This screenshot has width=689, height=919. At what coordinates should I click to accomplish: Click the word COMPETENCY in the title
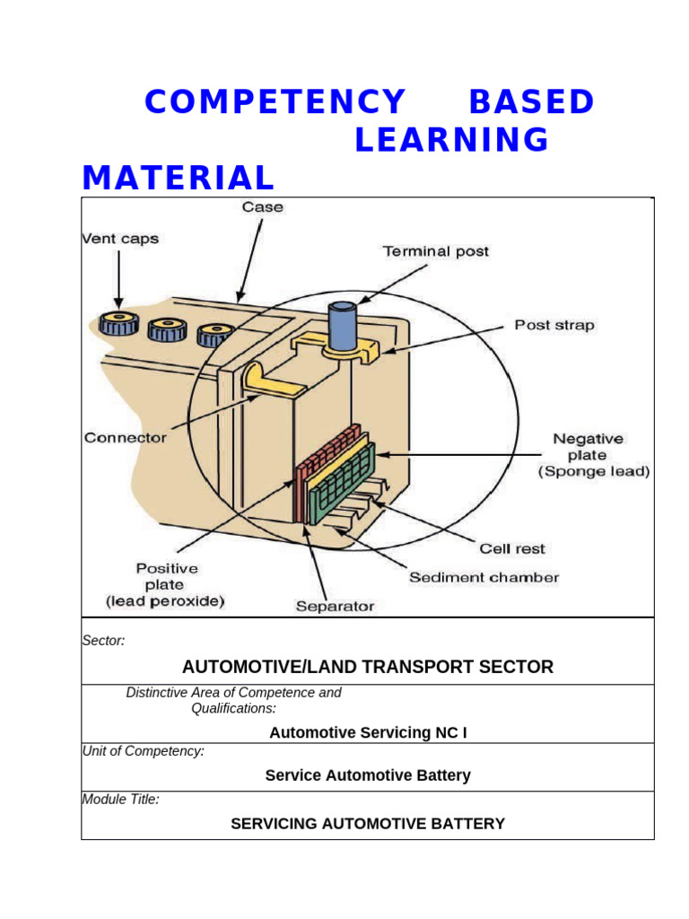click(x=275, y=102)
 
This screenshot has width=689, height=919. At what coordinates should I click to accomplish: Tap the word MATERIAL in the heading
click(x=178, y=178)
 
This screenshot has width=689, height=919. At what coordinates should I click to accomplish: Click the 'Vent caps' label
click(x=120, y=239)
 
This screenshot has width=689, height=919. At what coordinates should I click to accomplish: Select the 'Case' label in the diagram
click(x=262, y=207)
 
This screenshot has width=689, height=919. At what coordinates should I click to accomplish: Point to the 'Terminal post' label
click(x=436, y=251)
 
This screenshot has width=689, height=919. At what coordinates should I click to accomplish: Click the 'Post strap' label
click(x=554, y=325)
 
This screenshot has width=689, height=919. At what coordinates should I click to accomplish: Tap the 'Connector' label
click(x=126, y=438)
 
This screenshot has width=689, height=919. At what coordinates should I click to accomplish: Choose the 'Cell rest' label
click(x=512, y=548)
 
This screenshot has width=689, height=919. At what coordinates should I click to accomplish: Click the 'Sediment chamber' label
click(x=484, y=577)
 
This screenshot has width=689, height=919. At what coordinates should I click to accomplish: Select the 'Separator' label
click(x=335, y=607)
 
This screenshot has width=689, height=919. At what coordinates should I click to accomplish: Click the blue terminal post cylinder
click(x=341, y=326)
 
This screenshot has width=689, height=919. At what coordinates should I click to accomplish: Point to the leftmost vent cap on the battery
click(x=117, y=323)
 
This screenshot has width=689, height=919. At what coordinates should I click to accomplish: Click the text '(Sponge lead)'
click(x=593, y=471)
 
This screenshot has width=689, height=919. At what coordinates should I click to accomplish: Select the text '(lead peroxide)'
click(x=166, y=600)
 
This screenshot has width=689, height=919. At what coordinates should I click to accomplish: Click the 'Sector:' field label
click(x=103, y=641)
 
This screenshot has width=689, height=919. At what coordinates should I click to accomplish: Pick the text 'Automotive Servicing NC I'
click(x=368, y=733)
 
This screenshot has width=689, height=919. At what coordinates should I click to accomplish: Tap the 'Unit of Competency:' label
click(x=143, y=751)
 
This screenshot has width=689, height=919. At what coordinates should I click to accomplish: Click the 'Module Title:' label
click(x=120, y=799)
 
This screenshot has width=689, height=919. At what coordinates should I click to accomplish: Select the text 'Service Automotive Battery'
click(x=368, y=775)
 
